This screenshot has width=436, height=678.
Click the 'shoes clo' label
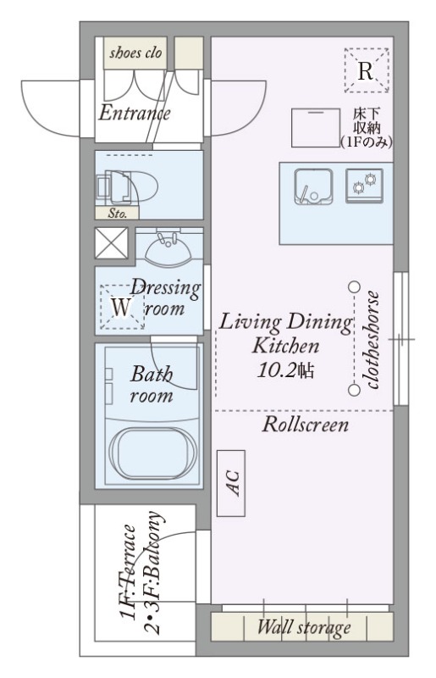[x=135, y=53]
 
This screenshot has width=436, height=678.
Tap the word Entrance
[x=135, y=114]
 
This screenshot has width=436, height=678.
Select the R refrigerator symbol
[x=367, y=70]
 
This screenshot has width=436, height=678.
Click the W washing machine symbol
[x=121, y=308]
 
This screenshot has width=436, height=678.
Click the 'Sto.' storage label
[x=117, y=214]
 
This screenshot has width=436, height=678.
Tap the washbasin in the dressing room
[x=168, y=250]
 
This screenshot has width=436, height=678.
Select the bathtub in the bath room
[x=149, y=453]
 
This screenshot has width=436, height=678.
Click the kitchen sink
[x=314, y=186]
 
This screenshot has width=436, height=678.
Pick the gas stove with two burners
[x=364, y=186]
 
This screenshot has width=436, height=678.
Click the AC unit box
[x=231, y=483]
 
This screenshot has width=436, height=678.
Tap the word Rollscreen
[x=306, y=425]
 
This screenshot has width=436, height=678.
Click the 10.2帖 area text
[x=285, y=370]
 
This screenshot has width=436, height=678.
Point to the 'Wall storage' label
[x=304, y=627]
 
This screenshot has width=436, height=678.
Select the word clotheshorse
[x=373, y=341]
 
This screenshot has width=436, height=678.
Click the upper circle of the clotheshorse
[x=355, y=286]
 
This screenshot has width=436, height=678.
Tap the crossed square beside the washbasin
[x=111, y=243]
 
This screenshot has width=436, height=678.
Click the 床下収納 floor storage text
[x=366, y=128]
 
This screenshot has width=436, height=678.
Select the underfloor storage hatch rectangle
[x=316, y=128]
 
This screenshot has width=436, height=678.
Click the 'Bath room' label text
[x=152, y=384]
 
